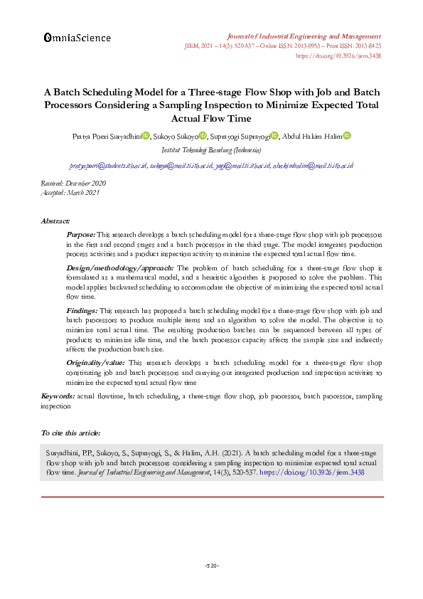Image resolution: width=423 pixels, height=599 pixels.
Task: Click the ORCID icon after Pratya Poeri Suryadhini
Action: coord(145,136)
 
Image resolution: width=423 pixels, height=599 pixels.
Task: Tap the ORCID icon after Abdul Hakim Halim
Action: coord(347,136)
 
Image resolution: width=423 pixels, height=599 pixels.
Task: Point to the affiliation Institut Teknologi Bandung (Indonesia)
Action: coord(211,150)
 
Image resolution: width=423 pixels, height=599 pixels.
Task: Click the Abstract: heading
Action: coord(55,221)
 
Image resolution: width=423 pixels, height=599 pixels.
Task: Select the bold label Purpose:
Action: coord(80,233)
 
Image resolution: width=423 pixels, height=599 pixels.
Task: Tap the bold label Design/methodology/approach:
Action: coord(114,267)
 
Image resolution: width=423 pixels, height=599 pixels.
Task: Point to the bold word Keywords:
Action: coord(58,395)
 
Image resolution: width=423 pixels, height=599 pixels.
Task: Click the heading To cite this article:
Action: coord(70,432)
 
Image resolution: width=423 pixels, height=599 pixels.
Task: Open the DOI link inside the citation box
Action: coord(309,472)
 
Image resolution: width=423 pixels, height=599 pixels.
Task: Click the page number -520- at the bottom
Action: coord(211,566)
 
